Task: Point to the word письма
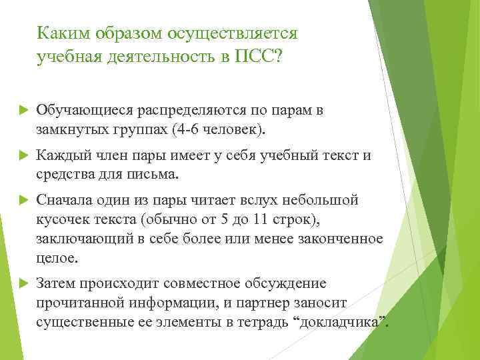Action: pyautogui.click(x=157, y=175)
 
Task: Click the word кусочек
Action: pyautogui.click(x=62, y=219)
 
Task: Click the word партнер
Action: pyautogui.click(x=282, y=303)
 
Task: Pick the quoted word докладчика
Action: pyautogui.click(x=344, y=321)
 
